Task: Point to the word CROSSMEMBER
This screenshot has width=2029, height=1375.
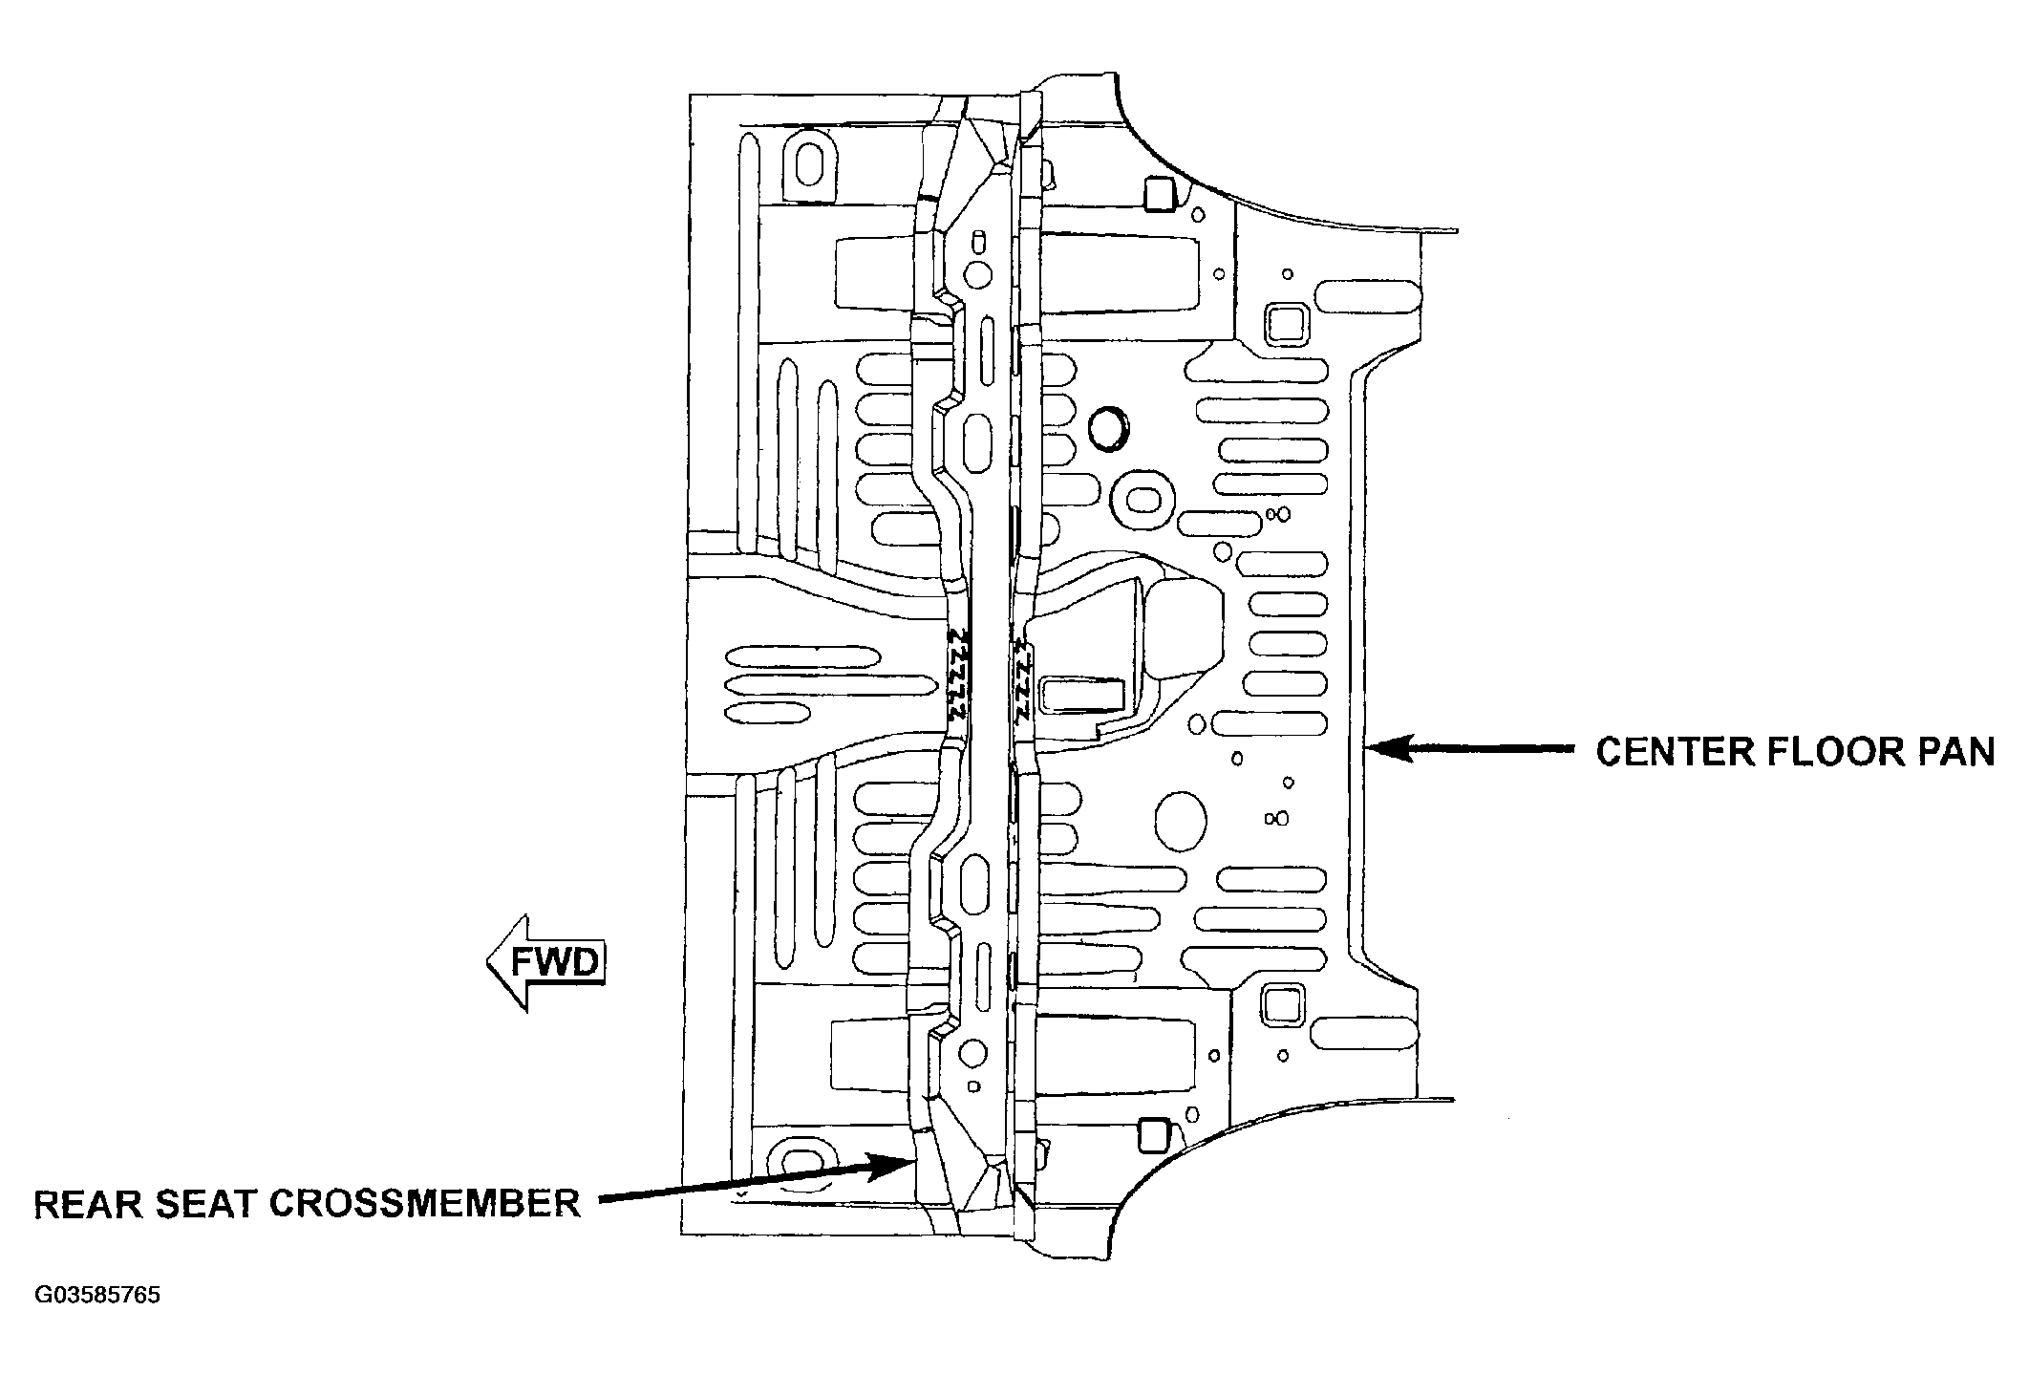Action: [x=424, y=1203]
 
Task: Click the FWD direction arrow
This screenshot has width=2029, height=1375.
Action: [x=545, y=961]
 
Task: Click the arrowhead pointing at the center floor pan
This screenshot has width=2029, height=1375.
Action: [x=1391, y=749]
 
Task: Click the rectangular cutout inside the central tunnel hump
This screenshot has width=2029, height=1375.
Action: [x=1084, y=695]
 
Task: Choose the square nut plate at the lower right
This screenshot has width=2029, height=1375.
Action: [x=1280, y=1005]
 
